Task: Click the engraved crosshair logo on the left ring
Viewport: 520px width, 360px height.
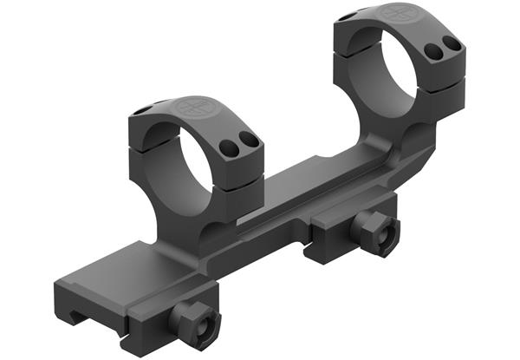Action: [193, 108]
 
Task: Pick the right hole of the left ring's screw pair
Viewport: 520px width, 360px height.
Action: [249, 138]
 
